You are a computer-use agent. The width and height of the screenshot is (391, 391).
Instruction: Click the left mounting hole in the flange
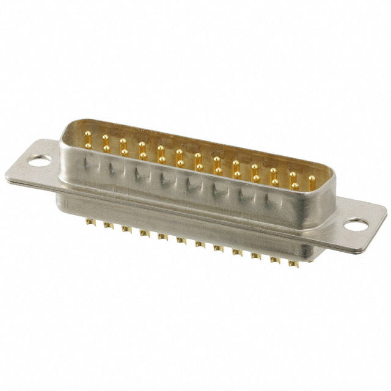[39, 161]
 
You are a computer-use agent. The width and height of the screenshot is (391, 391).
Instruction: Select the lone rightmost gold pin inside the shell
[312, 179]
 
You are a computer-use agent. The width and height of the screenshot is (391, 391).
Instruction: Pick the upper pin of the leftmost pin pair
[88, 136]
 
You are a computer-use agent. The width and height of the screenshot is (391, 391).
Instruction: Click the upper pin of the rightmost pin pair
[293, 175]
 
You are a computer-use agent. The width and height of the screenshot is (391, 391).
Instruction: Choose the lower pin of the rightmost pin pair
[294, 185]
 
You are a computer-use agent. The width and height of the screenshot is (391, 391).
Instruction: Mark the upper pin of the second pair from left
[106, 139]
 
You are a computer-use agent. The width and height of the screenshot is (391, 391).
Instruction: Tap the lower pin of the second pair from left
[106, 148]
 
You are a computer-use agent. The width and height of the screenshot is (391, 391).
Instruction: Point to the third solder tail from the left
[126, 229]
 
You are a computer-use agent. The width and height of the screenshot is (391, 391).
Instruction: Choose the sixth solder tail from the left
[181, 240]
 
